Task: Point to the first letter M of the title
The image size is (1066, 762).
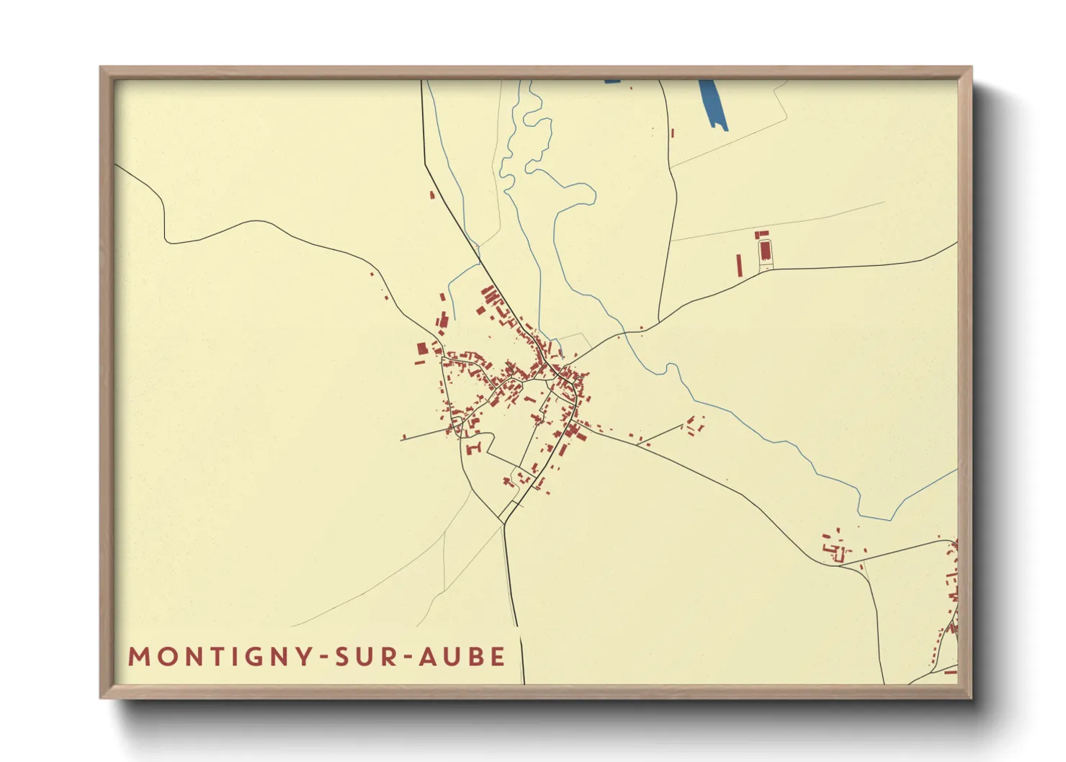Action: coord(137,657)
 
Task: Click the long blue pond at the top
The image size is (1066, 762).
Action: coord(713,104)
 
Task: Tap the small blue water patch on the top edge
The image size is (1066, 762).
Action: coord(612,81)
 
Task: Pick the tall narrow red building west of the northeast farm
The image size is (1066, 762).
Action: coord(739,264)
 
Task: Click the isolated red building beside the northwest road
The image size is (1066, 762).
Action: coord(432,194)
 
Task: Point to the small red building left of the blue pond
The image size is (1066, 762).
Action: coord(673,133)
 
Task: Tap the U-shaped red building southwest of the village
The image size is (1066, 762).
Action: coord(473,449)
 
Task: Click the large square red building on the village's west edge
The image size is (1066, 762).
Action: coord(423,349)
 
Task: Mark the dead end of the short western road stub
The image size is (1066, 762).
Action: coord(402,438)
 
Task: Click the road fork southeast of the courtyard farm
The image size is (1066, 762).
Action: coord(841,565)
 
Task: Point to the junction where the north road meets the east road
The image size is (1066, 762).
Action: coord(659,321)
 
